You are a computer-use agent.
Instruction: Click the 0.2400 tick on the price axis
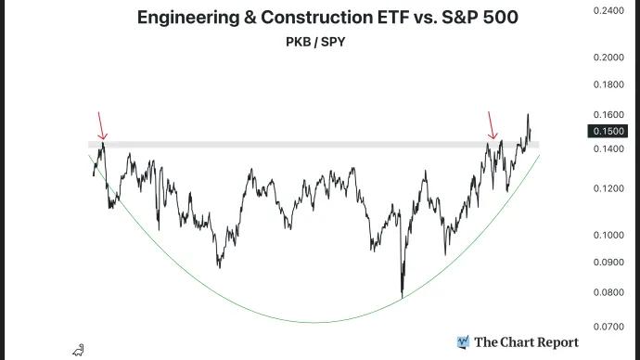pos(607,11)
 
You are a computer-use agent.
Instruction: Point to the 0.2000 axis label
pos(607,58)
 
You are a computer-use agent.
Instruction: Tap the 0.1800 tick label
pos(607,84)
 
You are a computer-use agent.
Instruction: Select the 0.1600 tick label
pos(607,114)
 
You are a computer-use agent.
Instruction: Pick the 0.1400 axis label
pos(607,148)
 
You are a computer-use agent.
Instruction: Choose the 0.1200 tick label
pos(607,188)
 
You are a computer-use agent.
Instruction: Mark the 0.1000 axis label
pos(607,235)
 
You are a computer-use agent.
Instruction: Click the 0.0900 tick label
pos(607,262)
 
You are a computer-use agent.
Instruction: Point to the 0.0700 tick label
pos(607,327)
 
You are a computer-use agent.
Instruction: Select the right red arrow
pos(493,126)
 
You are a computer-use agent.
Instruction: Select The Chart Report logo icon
pos(463,342)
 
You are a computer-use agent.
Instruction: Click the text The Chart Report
pos(526,342)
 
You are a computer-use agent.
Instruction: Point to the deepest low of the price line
pos(403,297)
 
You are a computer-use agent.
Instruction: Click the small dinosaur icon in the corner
pos(79,350)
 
